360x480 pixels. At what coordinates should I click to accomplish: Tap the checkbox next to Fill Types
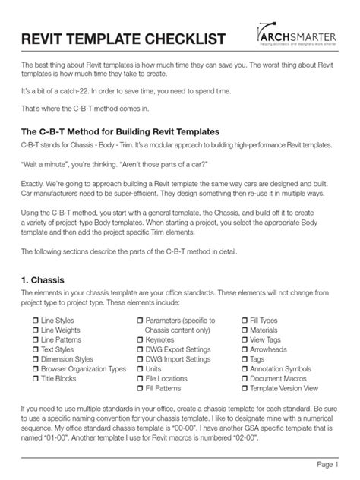[x=245, y=321]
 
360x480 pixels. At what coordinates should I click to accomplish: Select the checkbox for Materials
[x=245, y=331]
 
